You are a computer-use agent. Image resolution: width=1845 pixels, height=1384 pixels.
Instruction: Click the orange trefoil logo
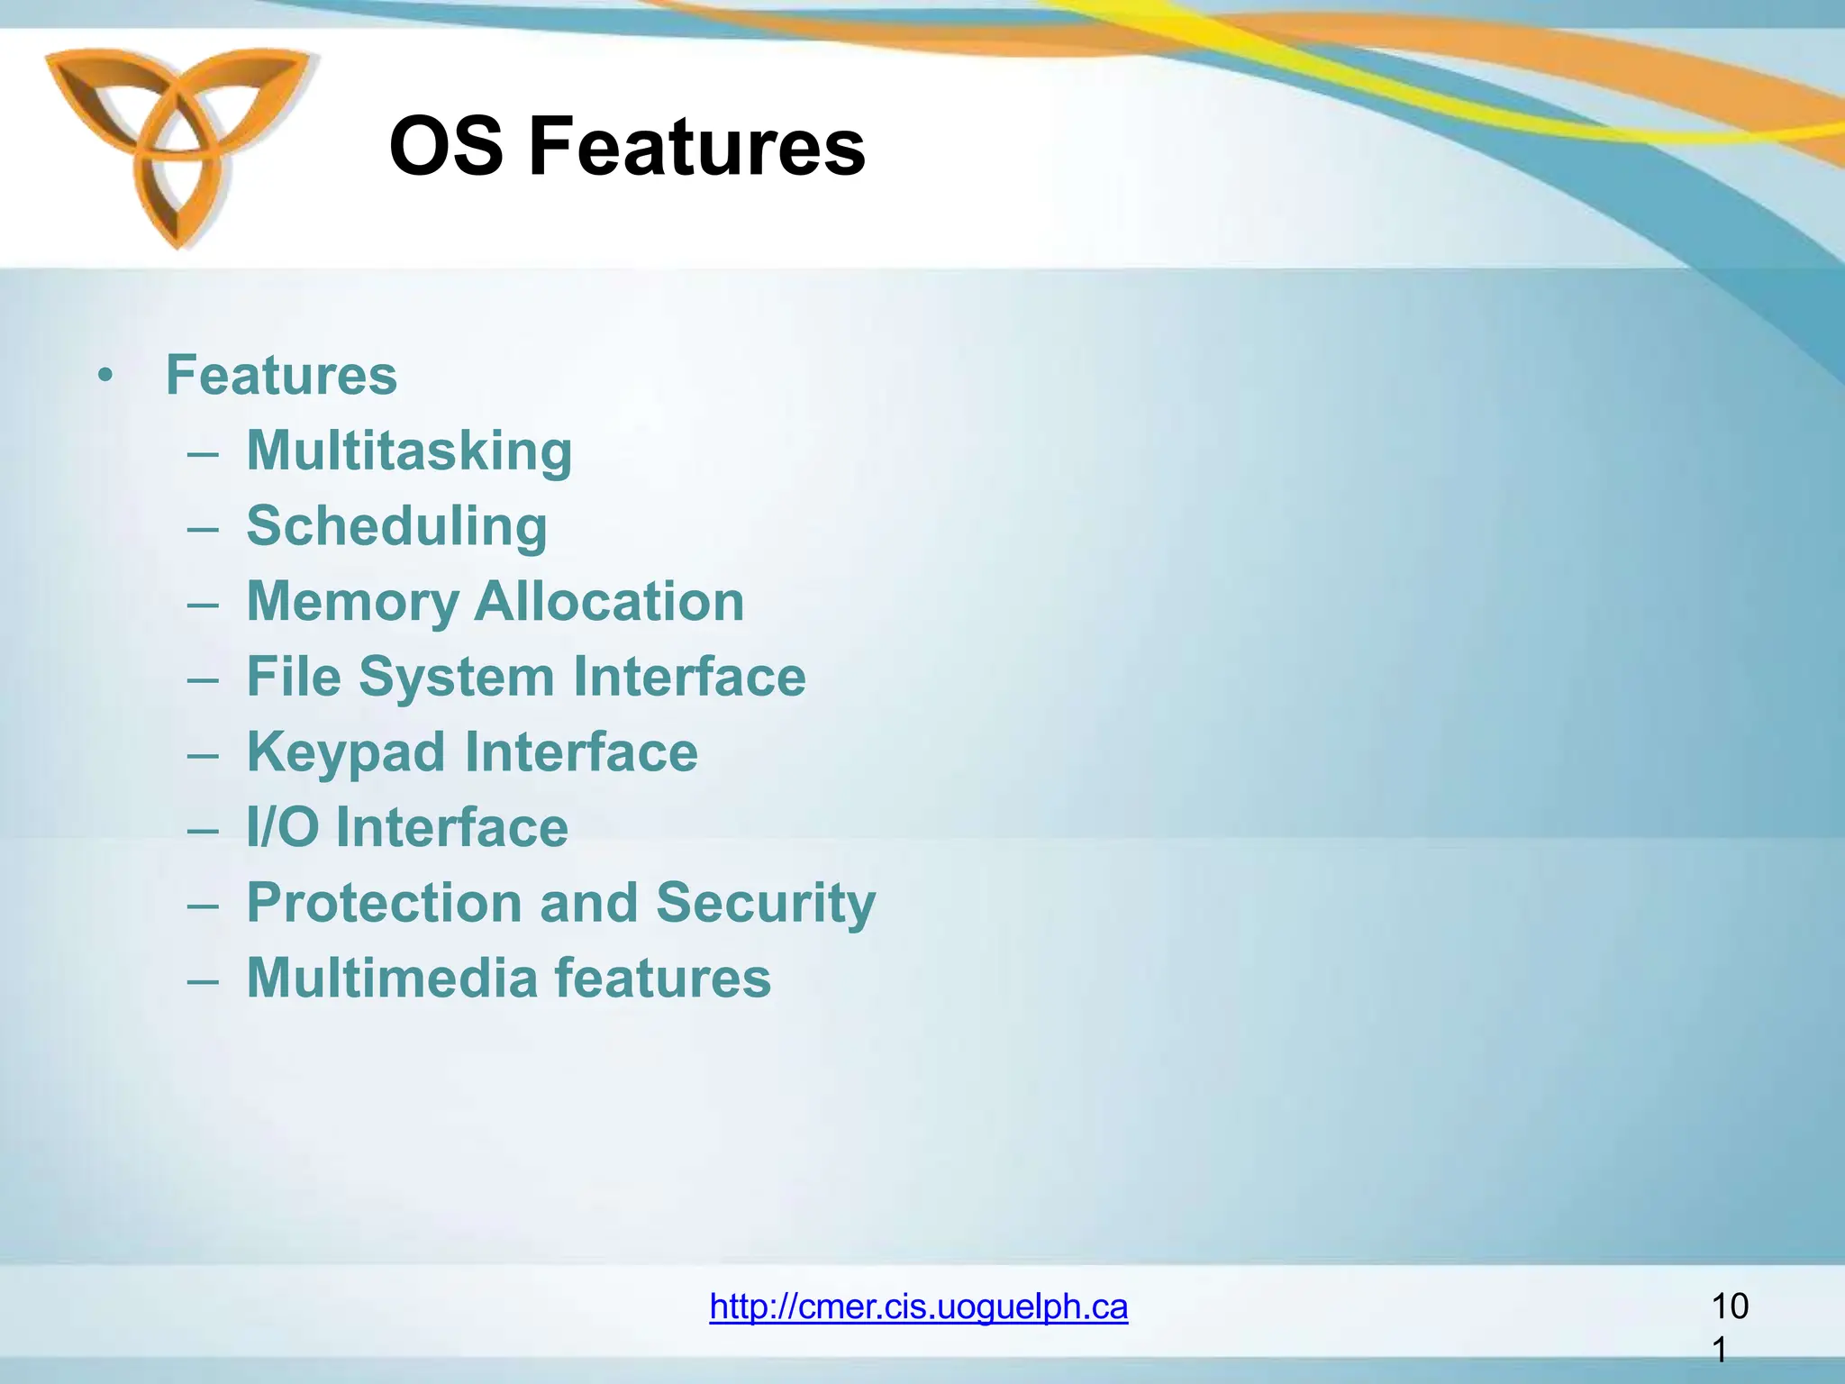click(177, 144)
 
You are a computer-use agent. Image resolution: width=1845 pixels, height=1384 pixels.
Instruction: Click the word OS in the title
click(446, 147)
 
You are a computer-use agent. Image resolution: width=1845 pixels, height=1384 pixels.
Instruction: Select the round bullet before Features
click(106, 376)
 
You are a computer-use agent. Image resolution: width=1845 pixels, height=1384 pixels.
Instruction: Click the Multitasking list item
click(409, 451)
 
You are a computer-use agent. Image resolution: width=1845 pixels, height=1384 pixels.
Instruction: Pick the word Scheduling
click(396, 526)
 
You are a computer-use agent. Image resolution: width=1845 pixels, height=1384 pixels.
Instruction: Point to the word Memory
click(352, 602)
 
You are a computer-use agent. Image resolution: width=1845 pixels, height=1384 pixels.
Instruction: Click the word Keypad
click(346, 752)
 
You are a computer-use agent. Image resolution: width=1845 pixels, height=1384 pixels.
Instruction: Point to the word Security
click(766, 903)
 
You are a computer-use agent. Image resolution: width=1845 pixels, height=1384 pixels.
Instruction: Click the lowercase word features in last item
click(662, 979)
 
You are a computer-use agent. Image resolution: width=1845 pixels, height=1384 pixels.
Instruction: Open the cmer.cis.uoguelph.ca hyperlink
click(918, 1307)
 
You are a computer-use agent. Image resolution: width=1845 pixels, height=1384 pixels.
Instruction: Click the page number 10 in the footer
click(1729, 1307)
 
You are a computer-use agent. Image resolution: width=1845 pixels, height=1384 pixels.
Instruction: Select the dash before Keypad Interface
click(203, 754)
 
